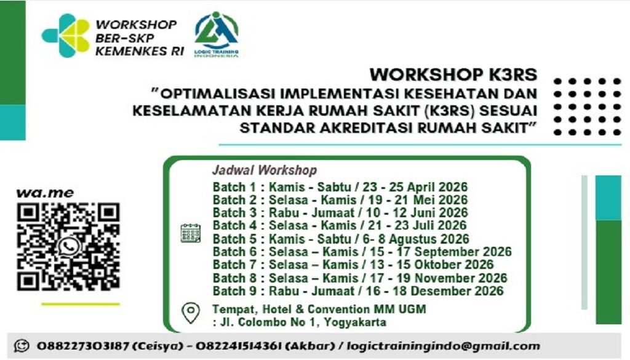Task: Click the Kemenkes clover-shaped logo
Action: [x=66, y=36]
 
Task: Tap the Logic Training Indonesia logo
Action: [x=216, y=34]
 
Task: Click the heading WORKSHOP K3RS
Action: [x=453, y=75]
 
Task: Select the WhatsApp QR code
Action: [x=68, y=246]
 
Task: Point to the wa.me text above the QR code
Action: [x=45, y=193]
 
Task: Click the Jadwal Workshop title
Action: [x=265, y=170]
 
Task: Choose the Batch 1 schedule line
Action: [x=340, y=187]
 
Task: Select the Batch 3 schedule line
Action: [x=340, y=213]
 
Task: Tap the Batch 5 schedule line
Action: [x=341, y=239]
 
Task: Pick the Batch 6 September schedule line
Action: [x=362, y=252]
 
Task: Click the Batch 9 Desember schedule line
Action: [x=358, y=291]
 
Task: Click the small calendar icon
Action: [x=190, y=233]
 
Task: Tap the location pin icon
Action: [x=191, y=313]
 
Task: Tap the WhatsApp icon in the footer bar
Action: [x=22, y=346]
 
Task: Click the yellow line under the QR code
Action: [x=80, y=303]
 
